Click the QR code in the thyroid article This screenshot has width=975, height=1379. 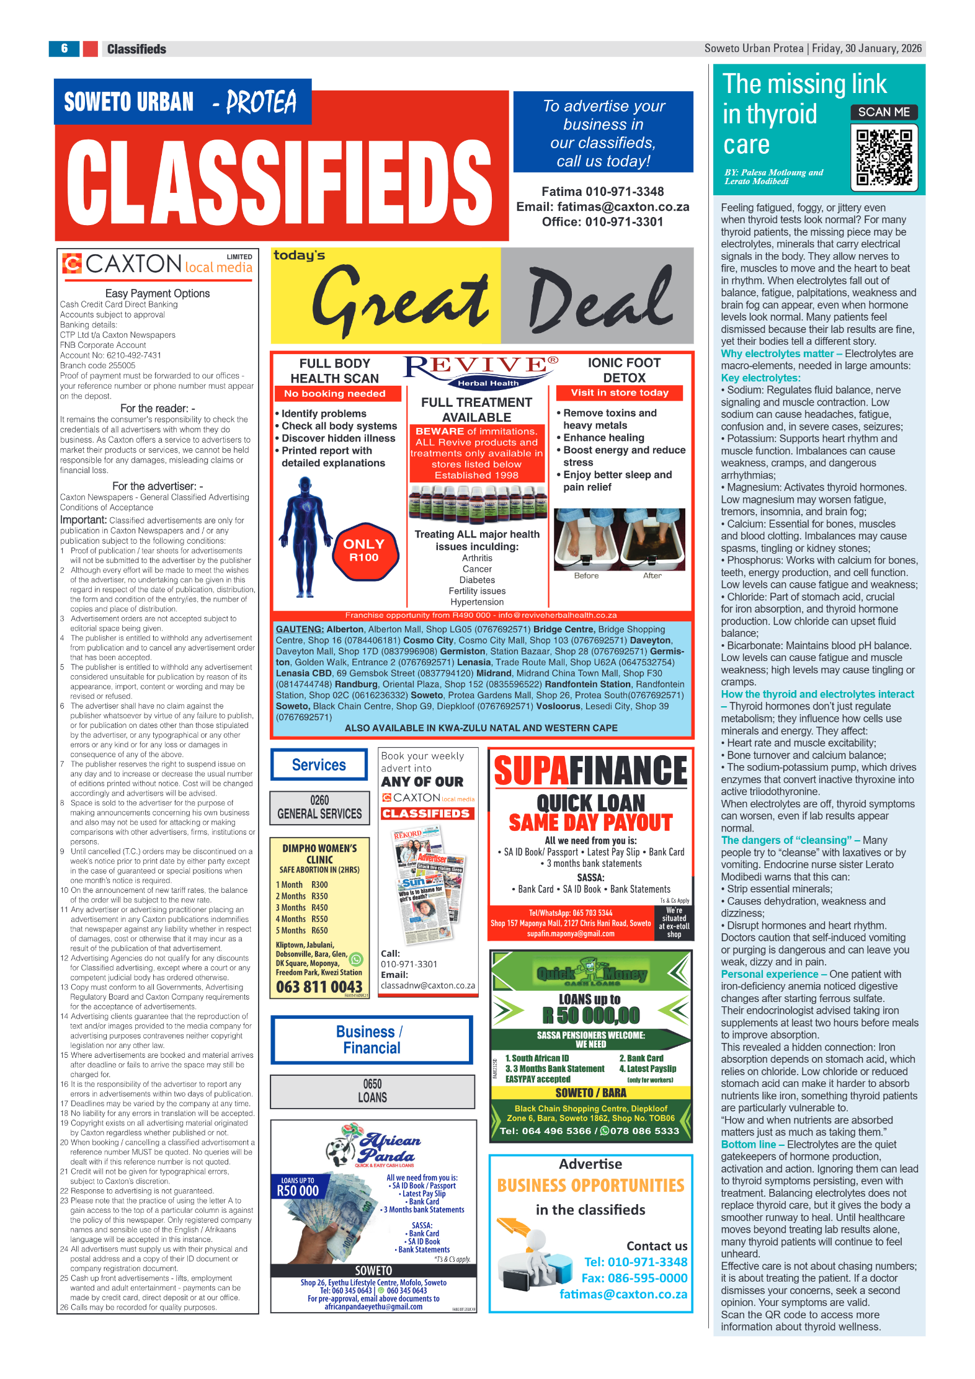point(884,157)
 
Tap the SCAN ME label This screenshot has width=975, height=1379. point(884,112)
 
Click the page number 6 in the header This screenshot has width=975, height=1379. point(64,48)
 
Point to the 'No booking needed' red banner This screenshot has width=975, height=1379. point(335,394)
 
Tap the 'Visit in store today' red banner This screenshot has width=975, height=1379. point(620,392)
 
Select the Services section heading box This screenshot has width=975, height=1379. point(319,765)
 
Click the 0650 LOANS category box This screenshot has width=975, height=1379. point(372,1091)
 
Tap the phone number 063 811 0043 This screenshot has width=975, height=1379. point(319,987)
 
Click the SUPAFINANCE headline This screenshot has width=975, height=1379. point(590,771)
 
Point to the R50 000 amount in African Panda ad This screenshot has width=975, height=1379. point(298,1191)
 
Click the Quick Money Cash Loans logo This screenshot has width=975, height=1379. point(591,974)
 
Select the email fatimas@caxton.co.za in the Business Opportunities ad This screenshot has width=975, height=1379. point(623,1294)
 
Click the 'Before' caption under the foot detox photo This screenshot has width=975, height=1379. point(586,575)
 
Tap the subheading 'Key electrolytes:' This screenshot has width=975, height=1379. point(760,378)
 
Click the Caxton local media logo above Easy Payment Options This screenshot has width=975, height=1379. point(158,265)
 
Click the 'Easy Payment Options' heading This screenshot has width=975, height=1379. point(158,293)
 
